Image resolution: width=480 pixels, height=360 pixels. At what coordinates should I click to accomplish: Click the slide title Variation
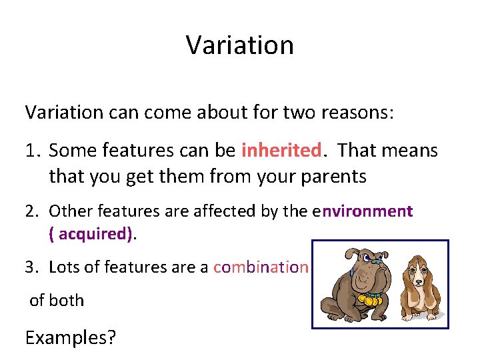click(239, 45)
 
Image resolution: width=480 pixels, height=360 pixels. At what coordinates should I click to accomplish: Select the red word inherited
click(281, 151)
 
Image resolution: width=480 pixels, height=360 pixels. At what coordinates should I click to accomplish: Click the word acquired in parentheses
click(94, 234)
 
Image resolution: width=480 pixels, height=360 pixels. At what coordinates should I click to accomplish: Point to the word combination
click(261, 267)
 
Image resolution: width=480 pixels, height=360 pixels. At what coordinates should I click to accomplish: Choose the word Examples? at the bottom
click(70, 337)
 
